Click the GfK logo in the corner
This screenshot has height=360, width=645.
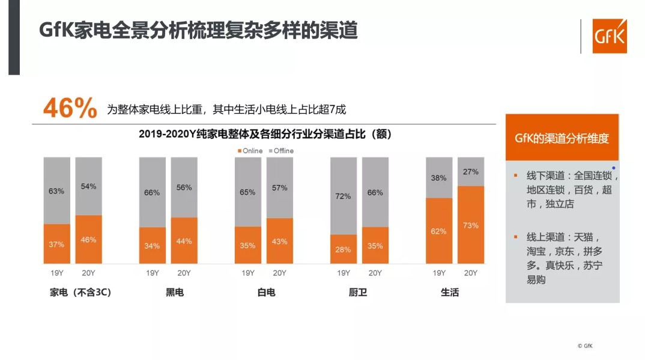tap(609, 36)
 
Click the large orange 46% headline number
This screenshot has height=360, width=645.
tap(70, 108)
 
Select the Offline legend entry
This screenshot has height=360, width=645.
tap(280, 151)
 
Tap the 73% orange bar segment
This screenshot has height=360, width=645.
tap(471, 225)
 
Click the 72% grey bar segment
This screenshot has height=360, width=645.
tap(343, 196)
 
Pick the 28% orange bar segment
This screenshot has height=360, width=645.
tap(343, 249)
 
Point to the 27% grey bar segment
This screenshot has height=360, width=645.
tap(471, 171)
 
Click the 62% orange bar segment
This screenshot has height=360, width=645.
tap(439, 231)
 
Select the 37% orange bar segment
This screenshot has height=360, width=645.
tap(56, 243)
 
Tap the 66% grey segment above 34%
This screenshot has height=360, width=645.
tap(152, 192)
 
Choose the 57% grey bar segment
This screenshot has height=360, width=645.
tap(279, 188)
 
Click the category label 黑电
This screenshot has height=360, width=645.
tap(175, 293)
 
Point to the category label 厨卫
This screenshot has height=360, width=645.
tap(358, 293)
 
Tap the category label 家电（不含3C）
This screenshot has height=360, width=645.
tap(81, 293)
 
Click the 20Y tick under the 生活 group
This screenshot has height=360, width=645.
tap(471, 273)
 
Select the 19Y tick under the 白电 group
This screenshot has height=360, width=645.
tap(247, 273)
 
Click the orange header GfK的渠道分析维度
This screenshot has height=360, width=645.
tap(562, 138)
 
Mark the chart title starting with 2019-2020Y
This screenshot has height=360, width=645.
tap(265, 135)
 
